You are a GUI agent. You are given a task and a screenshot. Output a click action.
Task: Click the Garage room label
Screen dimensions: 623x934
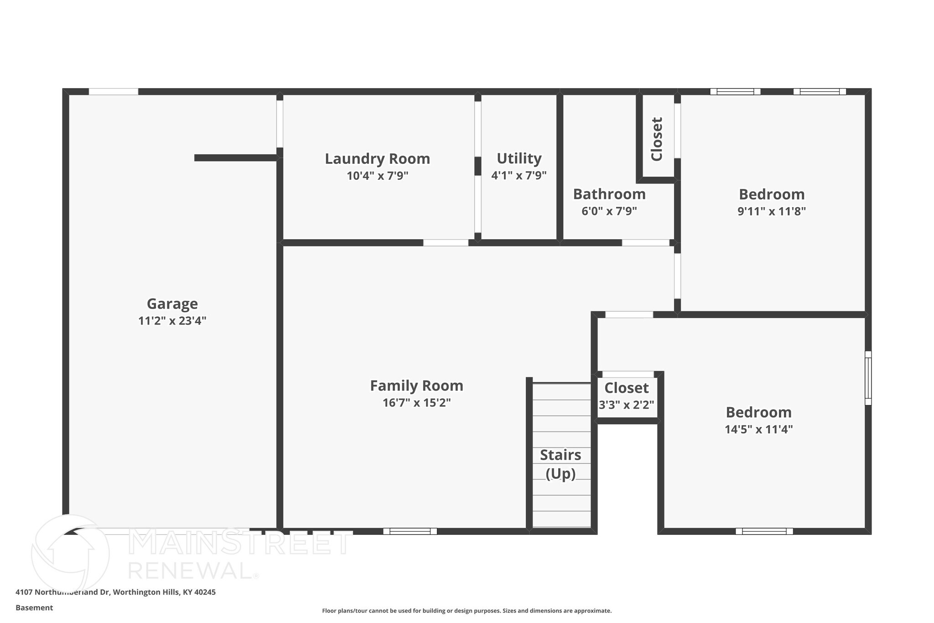point(172,304)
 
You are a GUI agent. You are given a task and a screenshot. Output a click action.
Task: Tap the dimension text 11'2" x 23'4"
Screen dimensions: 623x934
point(172,321)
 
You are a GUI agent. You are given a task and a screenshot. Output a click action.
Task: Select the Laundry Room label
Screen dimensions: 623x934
point(377,159)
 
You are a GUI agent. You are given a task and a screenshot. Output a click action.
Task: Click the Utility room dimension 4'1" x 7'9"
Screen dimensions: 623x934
point(519,176)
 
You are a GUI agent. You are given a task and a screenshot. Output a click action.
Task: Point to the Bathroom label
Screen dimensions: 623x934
point(609,194)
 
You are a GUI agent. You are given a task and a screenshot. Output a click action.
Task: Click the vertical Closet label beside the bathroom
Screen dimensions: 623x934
point(657,139)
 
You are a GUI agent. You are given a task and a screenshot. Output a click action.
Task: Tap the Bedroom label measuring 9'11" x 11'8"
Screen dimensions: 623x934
point(771,194)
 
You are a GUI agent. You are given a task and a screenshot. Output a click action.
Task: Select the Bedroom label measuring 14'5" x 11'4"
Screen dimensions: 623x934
point(758,413)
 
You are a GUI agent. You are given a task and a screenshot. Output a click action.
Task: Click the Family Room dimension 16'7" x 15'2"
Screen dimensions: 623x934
point(416,403)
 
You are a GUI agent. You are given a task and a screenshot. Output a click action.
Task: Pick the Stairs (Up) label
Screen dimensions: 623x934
point(560,464)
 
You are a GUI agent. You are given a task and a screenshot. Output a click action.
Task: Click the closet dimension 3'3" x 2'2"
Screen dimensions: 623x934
point(626,405)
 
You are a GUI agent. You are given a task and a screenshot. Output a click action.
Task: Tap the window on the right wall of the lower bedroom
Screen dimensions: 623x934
point(868,378)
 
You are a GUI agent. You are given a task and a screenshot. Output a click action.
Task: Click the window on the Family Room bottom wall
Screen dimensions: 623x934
point(410,531)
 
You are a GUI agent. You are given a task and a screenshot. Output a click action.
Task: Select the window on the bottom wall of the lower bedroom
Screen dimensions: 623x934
point(764,531)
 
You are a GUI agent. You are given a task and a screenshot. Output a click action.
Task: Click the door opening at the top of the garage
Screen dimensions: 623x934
point(113,92)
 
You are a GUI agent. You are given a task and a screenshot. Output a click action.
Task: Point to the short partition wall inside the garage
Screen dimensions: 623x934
point(235,158)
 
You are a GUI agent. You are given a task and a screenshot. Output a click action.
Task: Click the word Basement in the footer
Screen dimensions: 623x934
point(34,607)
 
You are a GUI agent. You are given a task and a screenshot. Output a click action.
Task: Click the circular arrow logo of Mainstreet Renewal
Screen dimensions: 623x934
point(71,553)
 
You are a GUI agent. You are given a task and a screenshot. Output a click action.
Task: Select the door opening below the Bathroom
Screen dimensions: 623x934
point(645,243)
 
